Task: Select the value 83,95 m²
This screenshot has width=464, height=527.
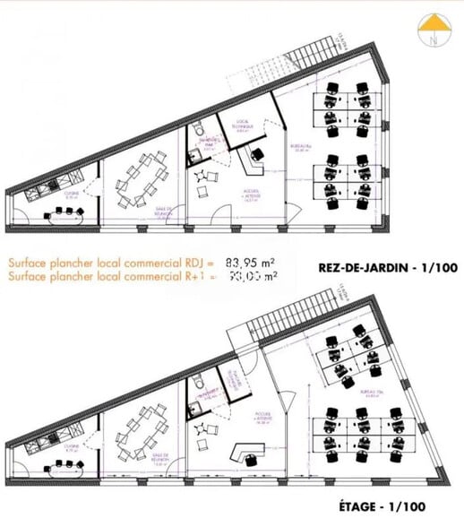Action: tap(249, 263)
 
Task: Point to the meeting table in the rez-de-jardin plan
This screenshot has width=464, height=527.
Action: tap(140, 177)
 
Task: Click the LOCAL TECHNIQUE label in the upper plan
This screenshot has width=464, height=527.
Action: tap(246, 125)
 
